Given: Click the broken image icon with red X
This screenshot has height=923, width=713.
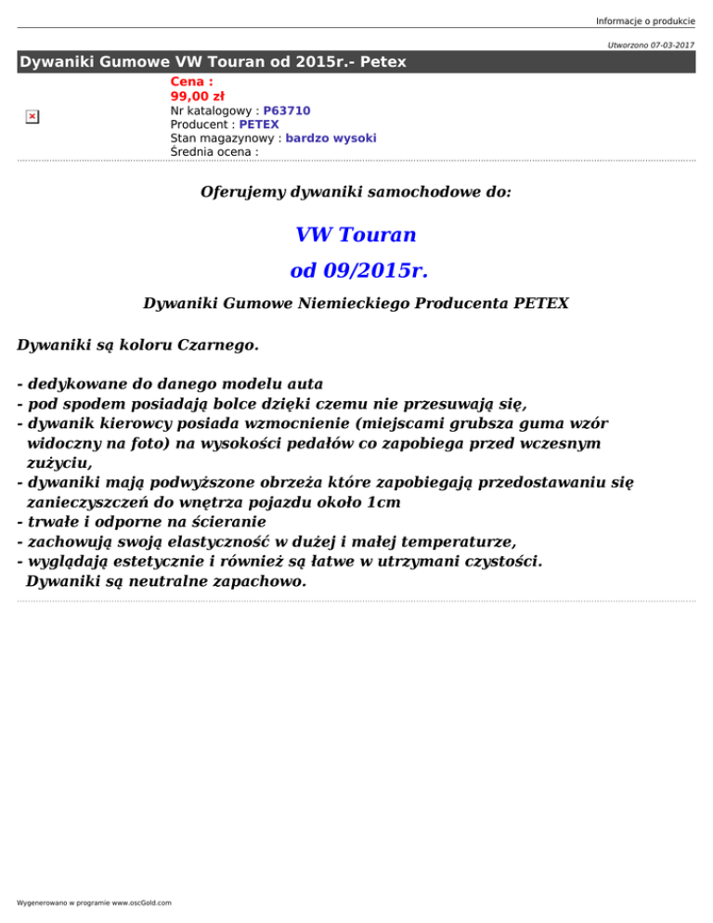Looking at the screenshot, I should click(32, 116).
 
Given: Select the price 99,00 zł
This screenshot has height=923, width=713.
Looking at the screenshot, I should click(197, 96).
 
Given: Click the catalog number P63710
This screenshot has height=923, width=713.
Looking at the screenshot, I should click(287, 110).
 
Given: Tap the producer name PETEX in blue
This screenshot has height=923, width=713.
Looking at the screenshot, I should click(259, 123).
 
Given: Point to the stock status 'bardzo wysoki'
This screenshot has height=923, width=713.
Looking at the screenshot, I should click(331, 137).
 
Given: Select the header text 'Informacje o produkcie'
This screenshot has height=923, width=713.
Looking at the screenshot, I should click(645, 9).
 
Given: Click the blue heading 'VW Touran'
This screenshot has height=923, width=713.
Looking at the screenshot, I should click(356, 233).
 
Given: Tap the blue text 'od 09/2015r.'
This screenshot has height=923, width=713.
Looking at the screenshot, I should click(358, 271).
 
